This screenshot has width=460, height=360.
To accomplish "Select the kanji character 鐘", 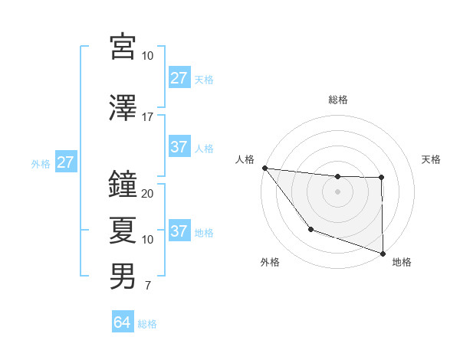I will tap(123, 184).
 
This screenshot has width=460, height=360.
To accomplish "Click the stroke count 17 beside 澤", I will tap(148, 117).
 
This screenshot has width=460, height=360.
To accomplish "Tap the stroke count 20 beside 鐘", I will tap(148, 194).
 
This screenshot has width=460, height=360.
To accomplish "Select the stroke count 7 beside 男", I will tap(147, 286).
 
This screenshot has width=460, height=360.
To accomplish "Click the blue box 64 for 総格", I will tap(123, 323).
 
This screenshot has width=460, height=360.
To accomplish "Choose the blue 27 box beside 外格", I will tap(65, 162).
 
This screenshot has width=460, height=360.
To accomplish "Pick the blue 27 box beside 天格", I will tap(179, 78).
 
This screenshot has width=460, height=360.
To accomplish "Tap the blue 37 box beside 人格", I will tap(179, 147).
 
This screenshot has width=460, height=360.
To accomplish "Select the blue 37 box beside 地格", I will tap(179, 231).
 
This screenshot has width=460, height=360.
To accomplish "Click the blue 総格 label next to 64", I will tap(147, 324).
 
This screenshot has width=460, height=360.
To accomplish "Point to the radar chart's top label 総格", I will tap(337, 100).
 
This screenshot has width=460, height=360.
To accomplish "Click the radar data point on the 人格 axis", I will tap(264, 168).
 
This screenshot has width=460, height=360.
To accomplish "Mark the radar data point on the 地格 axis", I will tap(383, 252).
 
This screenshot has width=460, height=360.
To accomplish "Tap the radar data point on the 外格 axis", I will tap(310, 229).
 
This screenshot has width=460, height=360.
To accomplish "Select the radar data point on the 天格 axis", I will tap(381, 178).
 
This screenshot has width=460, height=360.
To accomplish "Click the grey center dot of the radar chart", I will tap(337, 191).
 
